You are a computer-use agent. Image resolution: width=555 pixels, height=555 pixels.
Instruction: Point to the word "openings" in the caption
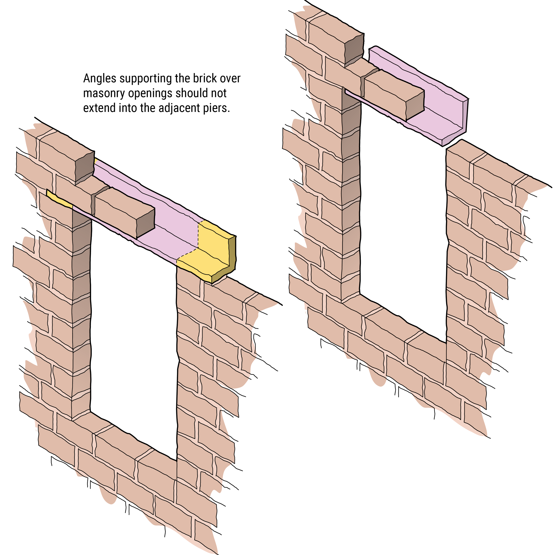click(x=156, y=94)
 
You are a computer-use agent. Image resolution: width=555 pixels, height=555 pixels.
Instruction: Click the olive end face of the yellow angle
click(x=232, y=253)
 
